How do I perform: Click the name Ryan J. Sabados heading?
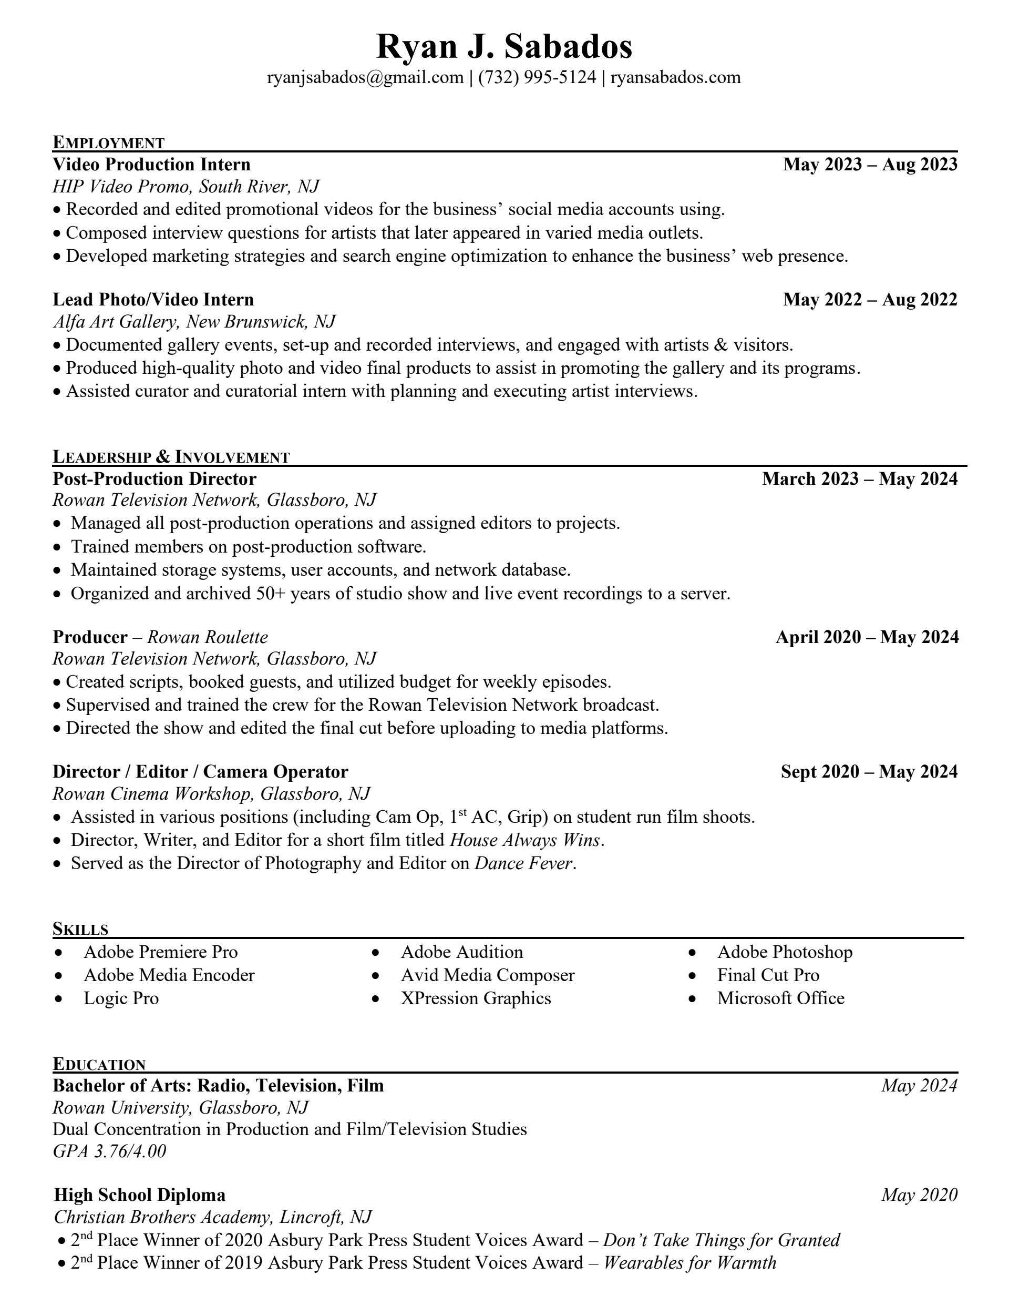click(504, 47)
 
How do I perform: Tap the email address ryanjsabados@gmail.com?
click(365, 77)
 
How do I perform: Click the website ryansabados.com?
click(675, 77)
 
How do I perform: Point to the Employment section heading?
click(108, 142)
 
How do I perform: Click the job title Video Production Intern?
click(151, 165)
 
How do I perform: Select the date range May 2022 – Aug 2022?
click(870, 300)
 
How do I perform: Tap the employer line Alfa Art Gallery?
click(116, 322)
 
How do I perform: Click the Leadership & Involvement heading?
click(171, 457)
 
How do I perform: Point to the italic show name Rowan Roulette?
click(208, 637)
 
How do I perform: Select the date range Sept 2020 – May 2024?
click(869, 772)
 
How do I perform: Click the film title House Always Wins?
click(525, 840)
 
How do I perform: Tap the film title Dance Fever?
click(523, 863)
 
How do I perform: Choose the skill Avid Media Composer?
click(487, 975)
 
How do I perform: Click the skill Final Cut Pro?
click(768, 975)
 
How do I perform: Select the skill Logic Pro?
click(121, 998)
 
